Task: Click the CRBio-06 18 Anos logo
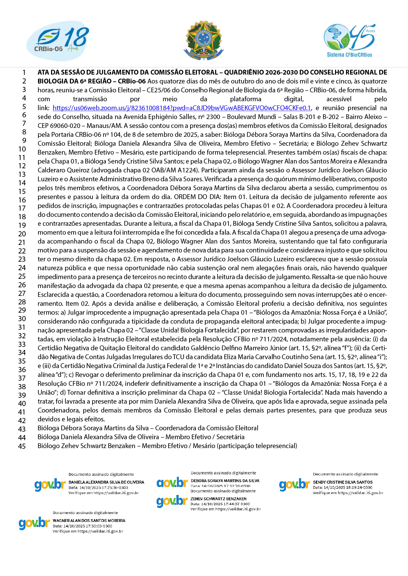tap(58, 41)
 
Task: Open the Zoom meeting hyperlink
tap(182, 108)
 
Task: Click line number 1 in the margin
tap(24, 73)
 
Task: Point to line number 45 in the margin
tap(22, 446)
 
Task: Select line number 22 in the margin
tap(22, 251)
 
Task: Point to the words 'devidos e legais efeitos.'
tap(71, 419)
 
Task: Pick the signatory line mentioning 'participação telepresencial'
tap(167, 446)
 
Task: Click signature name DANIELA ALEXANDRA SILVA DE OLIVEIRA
tap(106, 482)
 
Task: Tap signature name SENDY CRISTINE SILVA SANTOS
tap(343, 482)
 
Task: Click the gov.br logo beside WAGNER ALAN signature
tap(34, 523)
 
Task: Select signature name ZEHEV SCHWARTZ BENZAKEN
tap(219, 499)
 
